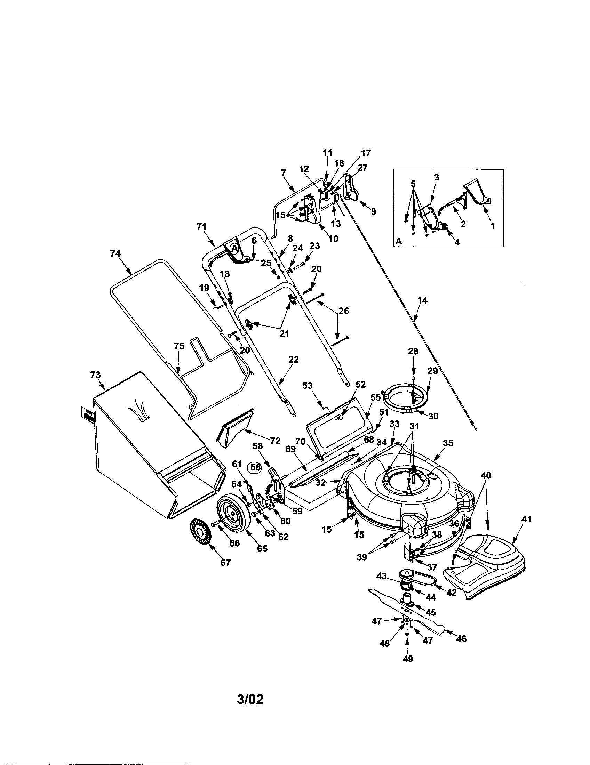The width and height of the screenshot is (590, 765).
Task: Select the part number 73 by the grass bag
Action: [x=95, y=375]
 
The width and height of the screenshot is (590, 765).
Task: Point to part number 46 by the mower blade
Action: [x=461, y=638]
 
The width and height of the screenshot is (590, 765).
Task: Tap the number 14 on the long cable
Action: [x=423, y=300]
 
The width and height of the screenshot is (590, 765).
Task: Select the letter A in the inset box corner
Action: [x=398, y=241]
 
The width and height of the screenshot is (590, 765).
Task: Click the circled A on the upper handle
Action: [x=234, y=248]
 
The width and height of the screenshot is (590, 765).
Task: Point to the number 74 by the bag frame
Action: [x=115, y=253]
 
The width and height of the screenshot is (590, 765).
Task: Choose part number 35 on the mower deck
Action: [x=448, y=443]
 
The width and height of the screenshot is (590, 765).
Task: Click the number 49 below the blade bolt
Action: [x=408, y=659]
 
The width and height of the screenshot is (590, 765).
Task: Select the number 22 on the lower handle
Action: [x=293, y=360]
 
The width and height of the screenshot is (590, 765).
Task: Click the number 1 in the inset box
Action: [x=492, y=226]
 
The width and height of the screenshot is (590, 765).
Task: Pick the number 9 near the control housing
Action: [x=374, y=211]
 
